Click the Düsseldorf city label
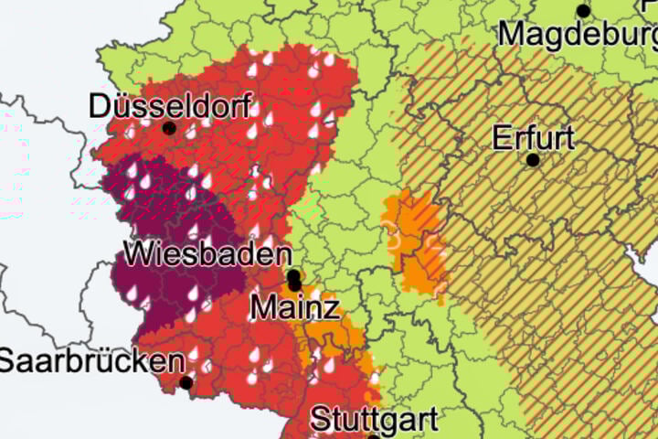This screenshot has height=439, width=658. point(170,105)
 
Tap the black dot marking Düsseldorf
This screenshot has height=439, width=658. point(169,129)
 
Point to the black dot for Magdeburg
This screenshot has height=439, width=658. point(583,11)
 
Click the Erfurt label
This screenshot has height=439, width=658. point(533,138)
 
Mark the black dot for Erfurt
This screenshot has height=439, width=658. point(533,160)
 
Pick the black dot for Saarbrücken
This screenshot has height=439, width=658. point(186,383)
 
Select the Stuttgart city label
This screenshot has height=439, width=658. point(375,421)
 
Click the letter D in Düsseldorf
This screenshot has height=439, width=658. point(99,105)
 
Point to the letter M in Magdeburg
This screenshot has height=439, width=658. point(512,35)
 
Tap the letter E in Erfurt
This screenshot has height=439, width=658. point(501,138)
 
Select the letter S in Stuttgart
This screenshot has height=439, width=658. point(320,421)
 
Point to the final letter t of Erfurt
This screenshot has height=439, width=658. point(569,138)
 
